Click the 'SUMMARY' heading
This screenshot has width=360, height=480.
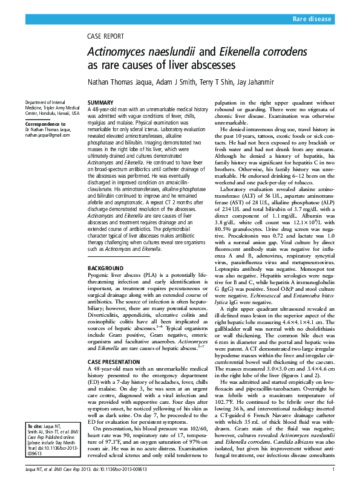(100, 103)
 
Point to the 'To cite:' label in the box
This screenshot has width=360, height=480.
(34, 426)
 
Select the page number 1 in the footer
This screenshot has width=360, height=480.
(333, 470)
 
